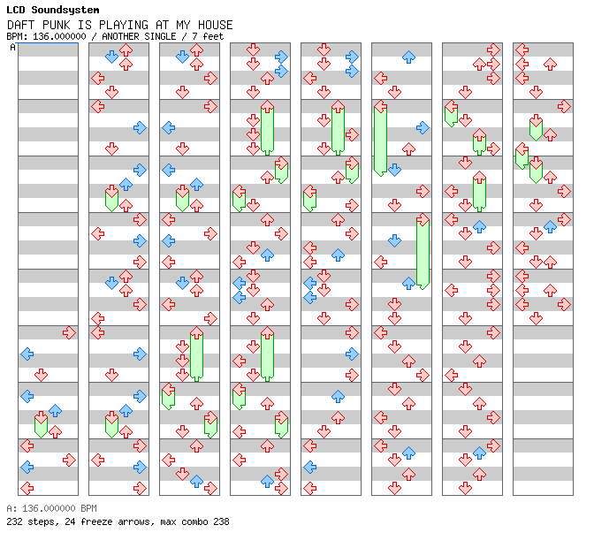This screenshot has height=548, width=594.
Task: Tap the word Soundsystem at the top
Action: coord(65,10)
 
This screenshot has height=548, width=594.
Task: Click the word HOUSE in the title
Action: coord(215,25)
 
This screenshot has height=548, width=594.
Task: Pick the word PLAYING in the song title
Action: coord(124,25)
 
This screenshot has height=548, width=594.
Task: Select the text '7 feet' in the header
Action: coord(208,36)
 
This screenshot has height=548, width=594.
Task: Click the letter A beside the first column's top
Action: coord(13,47)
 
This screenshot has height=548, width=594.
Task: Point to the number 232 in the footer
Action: coord(14,521)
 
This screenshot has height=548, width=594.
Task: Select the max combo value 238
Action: coord(221,521)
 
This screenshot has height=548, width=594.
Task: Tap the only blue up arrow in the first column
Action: coord(56,410)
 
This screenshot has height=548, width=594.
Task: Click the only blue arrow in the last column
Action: coord(550,226)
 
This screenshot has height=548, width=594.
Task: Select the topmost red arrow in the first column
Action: coord(69,333)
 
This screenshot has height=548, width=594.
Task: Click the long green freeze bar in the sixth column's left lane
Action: coord(380,140)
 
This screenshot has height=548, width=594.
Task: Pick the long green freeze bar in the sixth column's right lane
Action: coord(423,253)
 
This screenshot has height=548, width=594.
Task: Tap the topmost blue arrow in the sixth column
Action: coord(408,57)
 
